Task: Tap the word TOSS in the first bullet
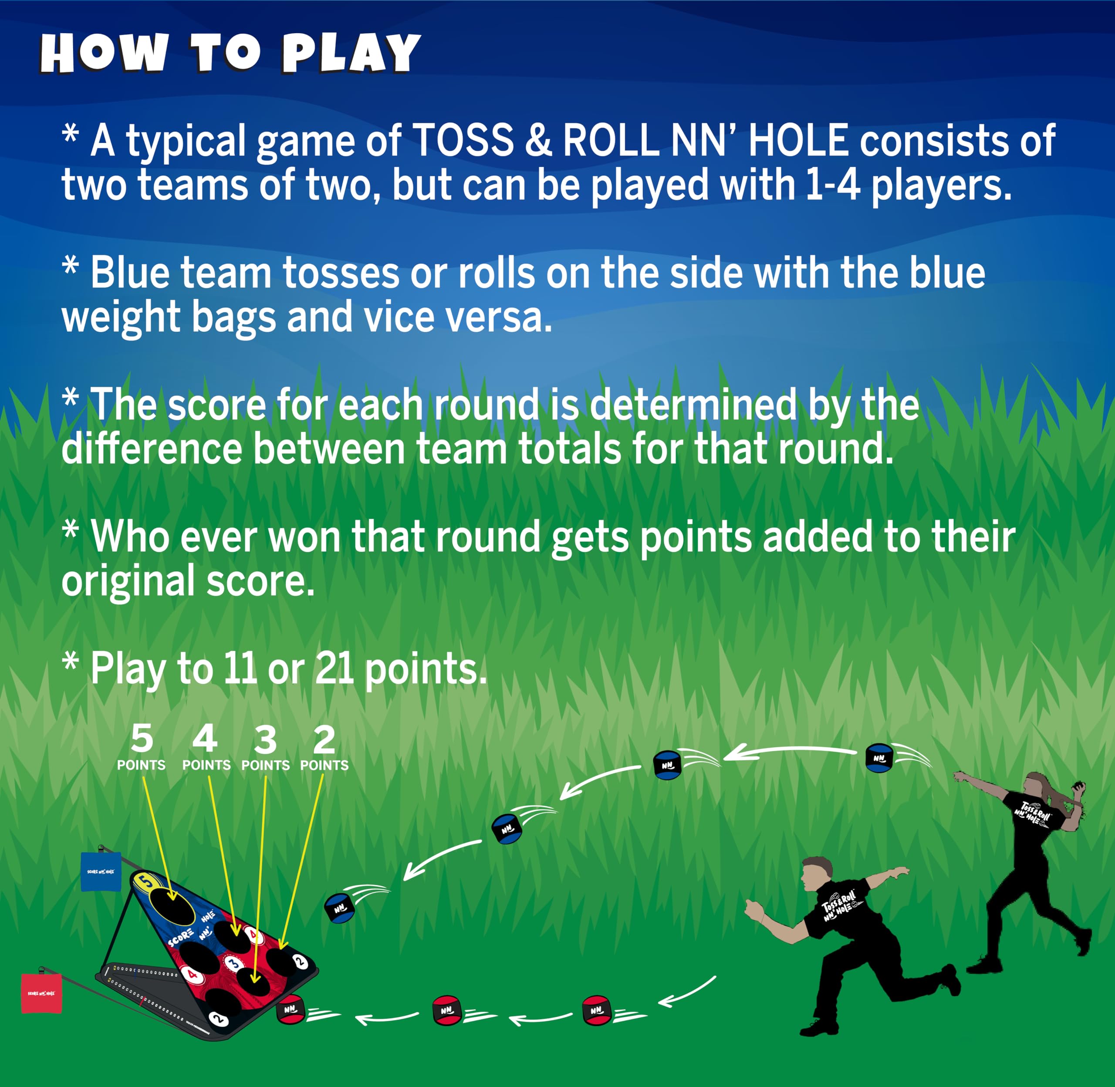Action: (463, 140)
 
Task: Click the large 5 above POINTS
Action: (142, 739)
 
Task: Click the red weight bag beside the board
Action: (41, 994)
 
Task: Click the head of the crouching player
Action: (817, 874)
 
